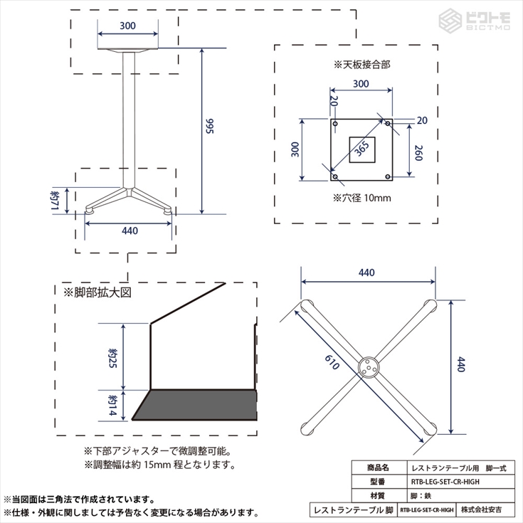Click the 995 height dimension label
click(209, 127)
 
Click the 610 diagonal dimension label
click(332, 362)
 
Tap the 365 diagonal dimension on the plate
click(361, 149)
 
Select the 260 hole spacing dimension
click(418, 153)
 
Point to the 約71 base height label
click(55, 200)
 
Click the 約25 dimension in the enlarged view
click(112, 358)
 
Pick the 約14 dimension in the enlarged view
click(112, 406)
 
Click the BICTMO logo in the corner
click(475, 20)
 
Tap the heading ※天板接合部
click(362, 64)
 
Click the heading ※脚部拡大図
click(97, 292)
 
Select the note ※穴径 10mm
click(362, 198)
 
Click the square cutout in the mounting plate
click(362, 149)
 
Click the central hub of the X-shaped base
click(369, 367)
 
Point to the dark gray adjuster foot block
click(194, 405)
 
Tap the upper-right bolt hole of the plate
click(388, 124)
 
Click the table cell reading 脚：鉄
click(421, 496)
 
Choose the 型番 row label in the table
click(378, 482)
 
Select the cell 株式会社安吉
click(481, 509)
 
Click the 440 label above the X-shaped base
click(366, 273)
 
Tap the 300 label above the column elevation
click(128, 26)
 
